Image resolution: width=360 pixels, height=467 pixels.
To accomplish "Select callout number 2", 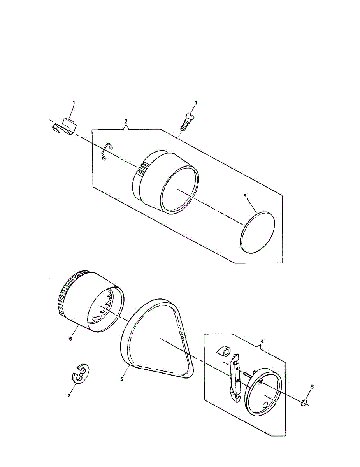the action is tap(126, 121).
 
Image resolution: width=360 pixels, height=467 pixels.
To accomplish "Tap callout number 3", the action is tap(196, 103).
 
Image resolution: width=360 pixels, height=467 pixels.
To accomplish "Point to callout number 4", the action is tap(262, 341).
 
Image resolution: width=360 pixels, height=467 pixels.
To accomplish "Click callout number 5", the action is tap(122, 378).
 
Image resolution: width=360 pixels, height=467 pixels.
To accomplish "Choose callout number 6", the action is tap(70, 339).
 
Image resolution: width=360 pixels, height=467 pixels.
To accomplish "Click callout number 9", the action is tap(245, 196).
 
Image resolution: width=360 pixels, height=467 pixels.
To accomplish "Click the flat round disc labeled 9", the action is tap(258, 232).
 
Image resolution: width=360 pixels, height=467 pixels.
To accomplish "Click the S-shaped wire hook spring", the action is tap(106, 151).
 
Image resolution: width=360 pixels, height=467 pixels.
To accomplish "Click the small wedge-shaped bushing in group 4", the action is tap(224, 350).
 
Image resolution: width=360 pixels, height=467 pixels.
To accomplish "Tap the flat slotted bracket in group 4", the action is tap(235, 379).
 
